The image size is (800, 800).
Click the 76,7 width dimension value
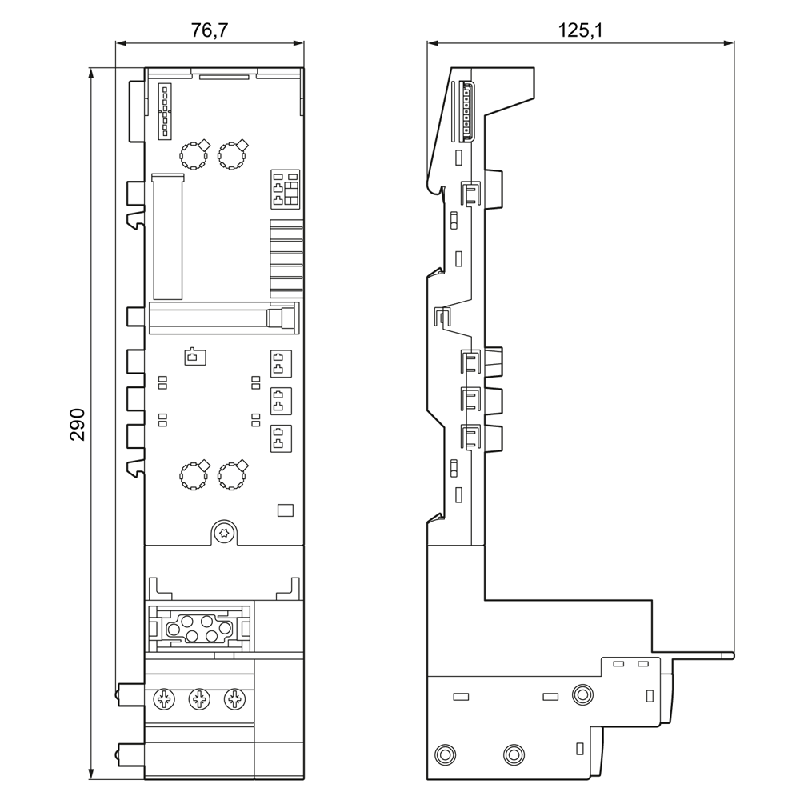[209, 30]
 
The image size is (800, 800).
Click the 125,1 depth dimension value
[580, 30]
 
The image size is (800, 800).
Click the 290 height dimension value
[78, 424]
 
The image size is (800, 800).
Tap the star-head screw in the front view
[224, 534]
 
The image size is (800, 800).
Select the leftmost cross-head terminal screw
[164, 699]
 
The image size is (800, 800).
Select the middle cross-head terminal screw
[199, 699]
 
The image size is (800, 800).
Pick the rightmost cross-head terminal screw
[234, 699]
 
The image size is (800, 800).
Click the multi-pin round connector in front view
[199, 628]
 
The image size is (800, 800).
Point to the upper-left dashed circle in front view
[194, 156]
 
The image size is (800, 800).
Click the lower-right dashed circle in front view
[232, 475]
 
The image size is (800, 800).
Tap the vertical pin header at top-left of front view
[165, 110]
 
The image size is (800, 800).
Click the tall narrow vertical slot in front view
[168, 236]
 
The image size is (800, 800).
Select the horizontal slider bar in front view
[223, 318]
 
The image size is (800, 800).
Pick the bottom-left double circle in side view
[445, 754]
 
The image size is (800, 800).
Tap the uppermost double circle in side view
[582, 694]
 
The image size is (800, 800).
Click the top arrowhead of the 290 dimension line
[91, 73]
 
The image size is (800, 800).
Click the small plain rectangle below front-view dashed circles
[286, 510]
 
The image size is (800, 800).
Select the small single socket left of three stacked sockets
[195, 357]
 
